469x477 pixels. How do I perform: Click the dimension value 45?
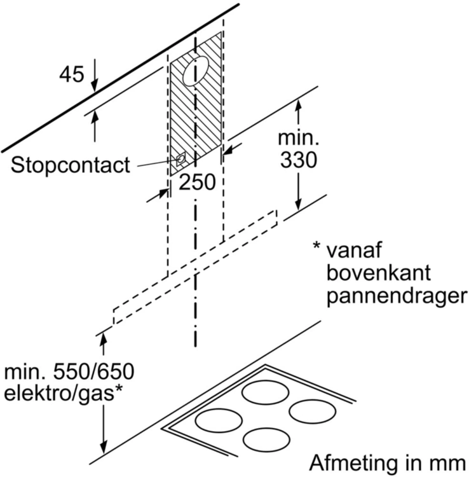(x=71, y=74)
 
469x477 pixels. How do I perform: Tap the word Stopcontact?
(x=71, y=165)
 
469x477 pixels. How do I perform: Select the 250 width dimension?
(x=197, y=183)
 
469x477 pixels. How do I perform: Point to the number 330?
(x=299, y=160)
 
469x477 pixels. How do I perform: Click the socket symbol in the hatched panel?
(x=181, y=159)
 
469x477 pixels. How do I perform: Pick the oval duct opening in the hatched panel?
(x=196, y=71)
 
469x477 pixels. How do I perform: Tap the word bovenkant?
(x=379, y=273)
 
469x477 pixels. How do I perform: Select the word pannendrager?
(x=397, y=295)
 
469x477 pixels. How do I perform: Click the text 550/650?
(x=93, y=371)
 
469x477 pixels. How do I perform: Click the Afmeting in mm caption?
(x=388, y=463)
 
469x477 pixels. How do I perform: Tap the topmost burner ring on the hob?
(x=266, y=392)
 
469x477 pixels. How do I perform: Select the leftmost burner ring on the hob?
(x=219, y=420)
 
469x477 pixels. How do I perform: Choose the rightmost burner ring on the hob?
(x=313, y=411)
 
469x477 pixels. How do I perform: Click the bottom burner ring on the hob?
(x=266, y=439)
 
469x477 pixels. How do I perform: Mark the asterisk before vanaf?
(x=316, y=245)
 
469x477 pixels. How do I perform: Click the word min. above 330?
(x=299, y=138)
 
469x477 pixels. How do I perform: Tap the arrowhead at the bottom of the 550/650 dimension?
(x=104, y=447)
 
